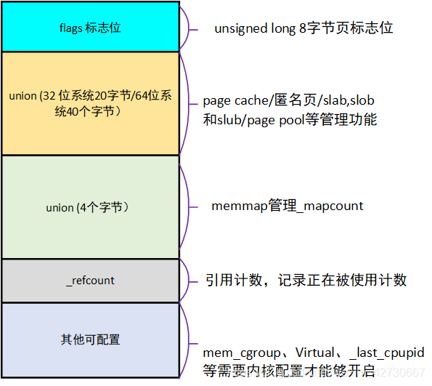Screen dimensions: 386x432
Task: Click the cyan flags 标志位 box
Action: pos(90,27)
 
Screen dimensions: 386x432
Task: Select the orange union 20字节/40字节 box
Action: pos(90,103)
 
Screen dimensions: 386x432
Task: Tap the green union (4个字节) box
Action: pos(90,207)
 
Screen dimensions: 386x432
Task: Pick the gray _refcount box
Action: pos(90,281)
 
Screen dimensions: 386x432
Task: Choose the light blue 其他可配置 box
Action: pos(90,339)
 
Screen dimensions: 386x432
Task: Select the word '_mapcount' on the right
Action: pos(330,206)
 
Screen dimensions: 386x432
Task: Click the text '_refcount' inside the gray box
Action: pos(90,281)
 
